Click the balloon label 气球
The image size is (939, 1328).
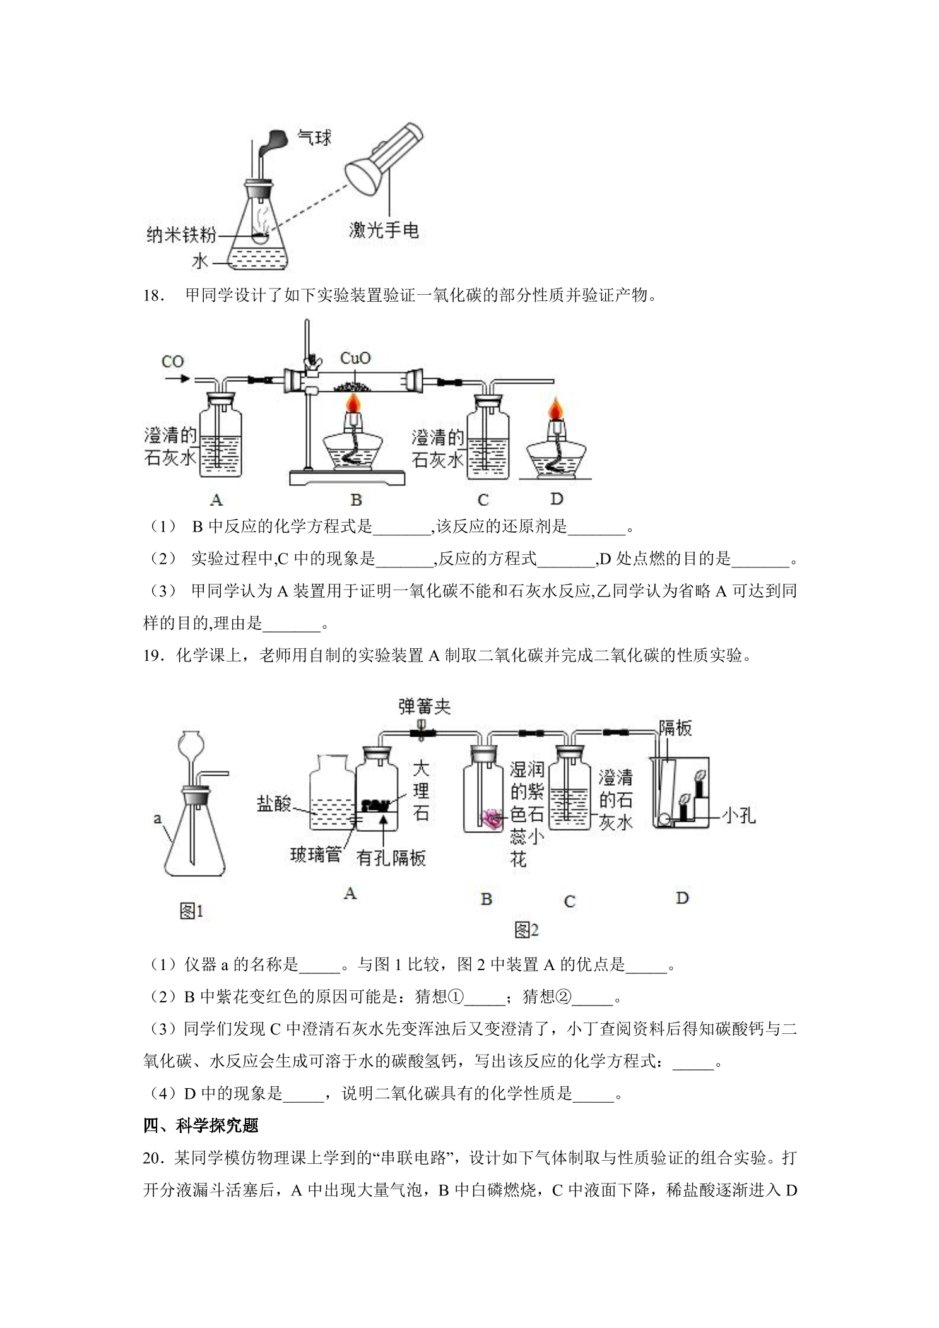tap(314, 137)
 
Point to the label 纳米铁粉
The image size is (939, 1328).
tap(181, 235)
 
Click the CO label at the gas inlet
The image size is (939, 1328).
tap(172, 362)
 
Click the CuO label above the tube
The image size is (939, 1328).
tap(355, 358)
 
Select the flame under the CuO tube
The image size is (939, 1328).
tap(355, 400)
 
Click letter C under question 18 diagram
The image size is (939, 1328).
tap(483, 501)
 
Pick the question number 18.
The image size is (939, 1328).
tap(155, 295)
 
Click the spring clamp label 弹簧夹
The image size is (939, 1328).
tap(425, 706)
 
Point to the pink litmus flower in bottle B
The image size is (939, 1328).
tap(492, 818)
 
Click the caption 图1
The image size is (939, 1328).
tap(192, 911)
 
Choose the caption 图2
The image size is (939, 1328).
tap(526, 929)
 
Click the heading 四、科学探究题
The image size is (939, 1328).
tap(201, 1125)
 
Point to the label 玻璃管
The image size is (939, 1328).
tap(316, 855)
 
